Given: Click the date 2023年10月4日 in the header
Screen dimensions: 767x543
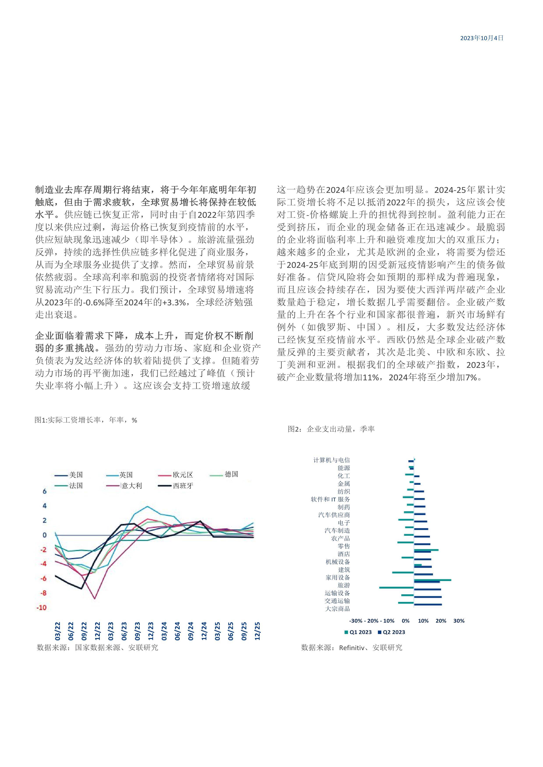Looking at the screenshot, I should click(x=482, y=38).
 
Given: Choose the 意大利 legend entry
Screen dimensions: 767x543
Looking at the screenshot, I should click(x=131, y=486).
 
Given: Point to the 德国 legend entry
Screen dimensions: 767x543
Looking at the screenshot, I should click(x=231, y=474).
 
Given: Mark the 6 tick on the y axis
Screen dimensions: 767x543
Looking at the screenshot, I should click(x=44, y=491).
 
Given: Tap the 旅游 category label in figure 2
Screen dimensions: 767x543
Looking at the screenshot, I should click(x=344, y=585).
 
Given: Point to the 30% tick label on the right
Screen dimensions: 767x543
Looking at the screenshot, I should click(x=459, y=621).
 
